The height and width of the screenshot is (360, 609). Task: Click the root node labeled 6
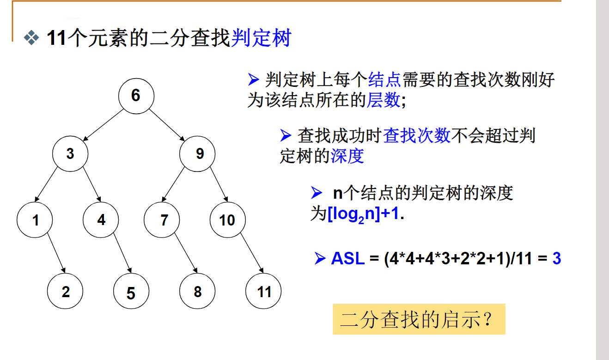[x=136, y=96]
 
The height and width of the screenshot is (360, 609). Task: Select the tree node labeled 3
[x=70, y=154]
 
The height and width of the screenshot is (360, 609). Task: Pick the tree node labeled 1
[x=35, y=220]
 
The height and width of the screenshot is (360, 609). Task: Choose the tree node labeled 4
[x=101, y=220]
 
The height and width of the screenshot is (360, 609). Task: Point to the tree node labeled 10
[x=227, y=220]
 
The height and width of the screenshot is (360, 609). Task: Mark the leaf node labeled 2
[x=65, y=291]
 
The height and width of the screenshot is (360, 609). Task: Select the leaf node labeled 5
[x=131, y=292]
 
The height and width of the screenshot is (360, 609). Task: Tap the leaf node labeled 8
[x=197, y=291]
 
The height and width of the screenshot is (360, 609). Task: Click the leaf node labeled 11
[x=263, y=291]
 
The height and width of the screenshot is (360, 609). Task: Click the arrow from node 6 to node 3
[x=103, y=125]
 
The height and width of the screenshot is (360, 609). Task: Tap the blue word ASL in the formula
[x=347, y=258]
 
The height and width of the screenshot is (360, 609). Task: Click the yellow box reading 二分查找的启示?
[x=419, y=319]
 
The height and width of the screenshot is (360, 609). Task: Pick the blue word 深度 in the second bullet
[x=347, y=156]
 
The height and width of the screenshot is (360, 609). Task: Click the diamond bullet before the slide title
[x=32, y=38]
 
